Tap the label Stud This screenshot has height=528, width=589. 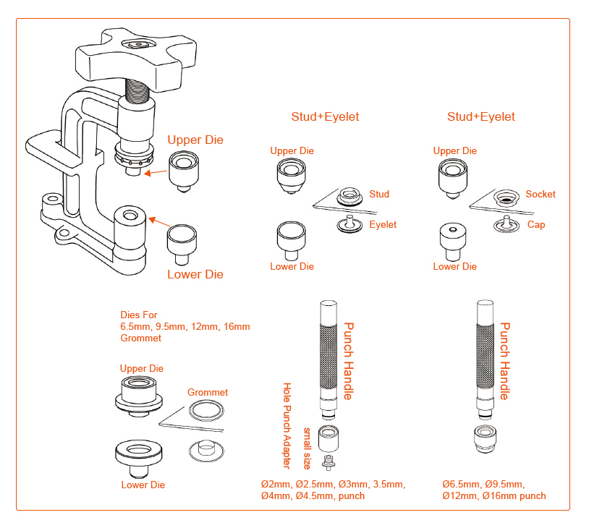[x=379, y=194]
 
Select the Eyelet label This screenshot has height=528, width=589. [x=383, y=225]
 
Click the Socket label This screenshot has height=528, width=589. [x=541, y=194]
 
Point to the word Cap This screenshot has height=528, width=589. [x=536, y=225]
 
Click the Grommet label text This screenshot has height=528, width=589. [x=208, y=393]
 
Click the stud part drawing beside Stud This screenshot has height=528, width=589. [x=351, y=195]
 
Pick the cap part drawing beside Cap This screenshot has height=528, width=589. [x=505, y=226]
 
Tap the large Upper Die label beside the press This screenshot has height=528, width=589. [x=195, y=140]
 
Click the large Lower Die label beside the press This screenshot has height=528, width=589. [x=195, y=275]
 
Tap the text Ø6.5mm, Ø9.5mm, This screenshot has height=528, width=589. [x=483, y=484]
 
